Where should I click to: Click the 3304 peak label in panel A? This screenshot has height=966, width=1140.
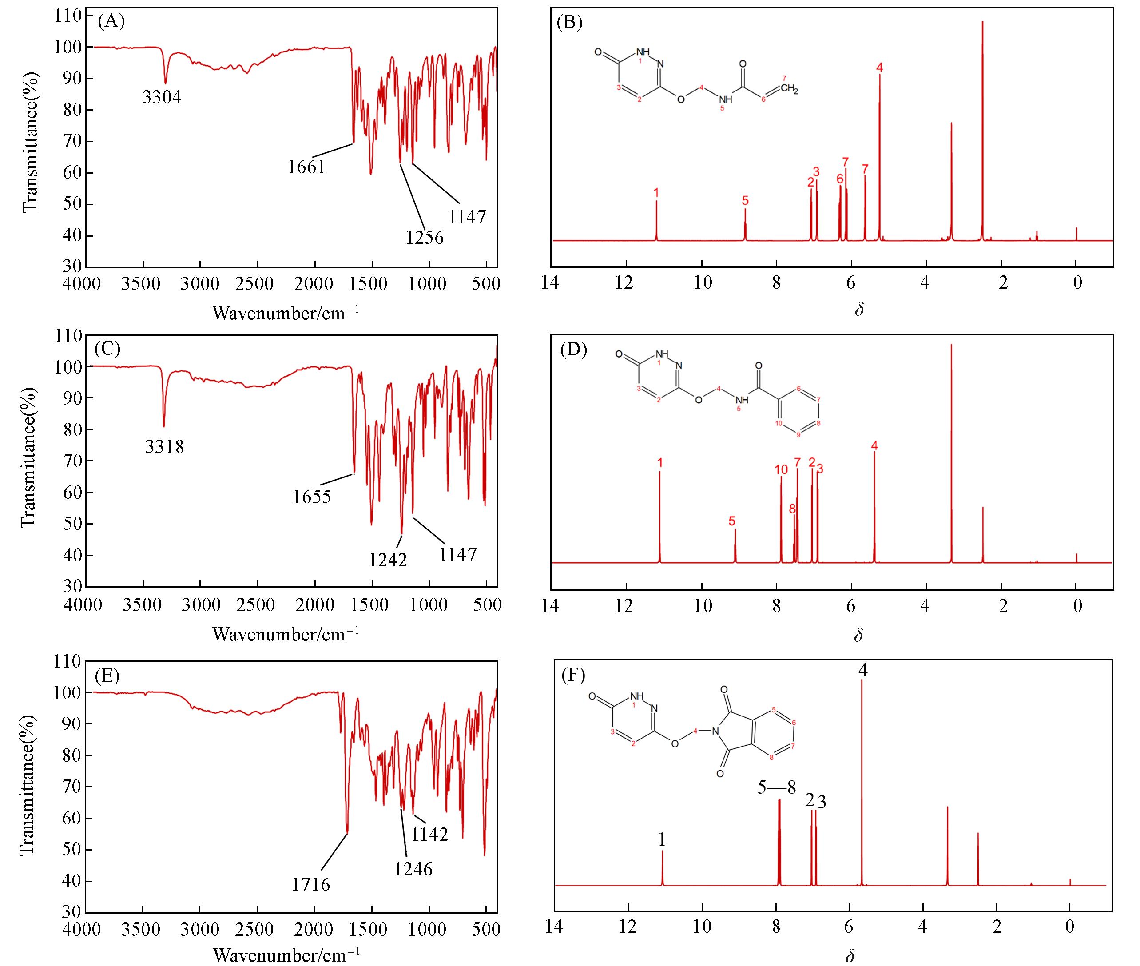pos(162,97)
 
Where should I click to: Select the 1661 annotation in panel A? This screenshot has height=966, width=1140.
pos(306,167)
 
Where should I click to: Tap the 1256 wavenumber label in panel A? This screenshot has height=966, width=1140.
pos(425,237)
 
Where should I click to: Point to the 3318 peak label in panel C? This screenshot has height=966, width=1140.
pos(164,447)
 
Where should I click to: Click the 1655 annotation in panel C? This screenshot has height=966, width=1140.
pos(312,497)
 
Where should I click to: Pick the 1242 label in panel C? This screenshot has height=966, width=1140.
pos(388,560)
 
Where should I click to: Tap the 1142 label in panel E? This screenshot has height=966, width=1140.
pos(430,834)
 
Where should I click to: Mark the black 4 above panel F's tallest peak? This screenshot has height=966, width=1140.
pos(863,670)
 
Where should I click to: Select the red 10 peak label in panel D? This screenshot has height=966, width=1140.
pos(781,469)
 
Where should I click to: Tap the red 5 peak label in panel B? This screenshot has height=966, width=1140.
pos(745,200)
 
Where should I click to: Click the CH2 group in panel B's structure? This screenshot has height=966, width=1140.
pos(789,89)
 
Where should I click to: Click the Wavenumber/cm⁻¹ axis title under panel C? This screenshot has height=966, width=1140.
pos(286,634)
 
